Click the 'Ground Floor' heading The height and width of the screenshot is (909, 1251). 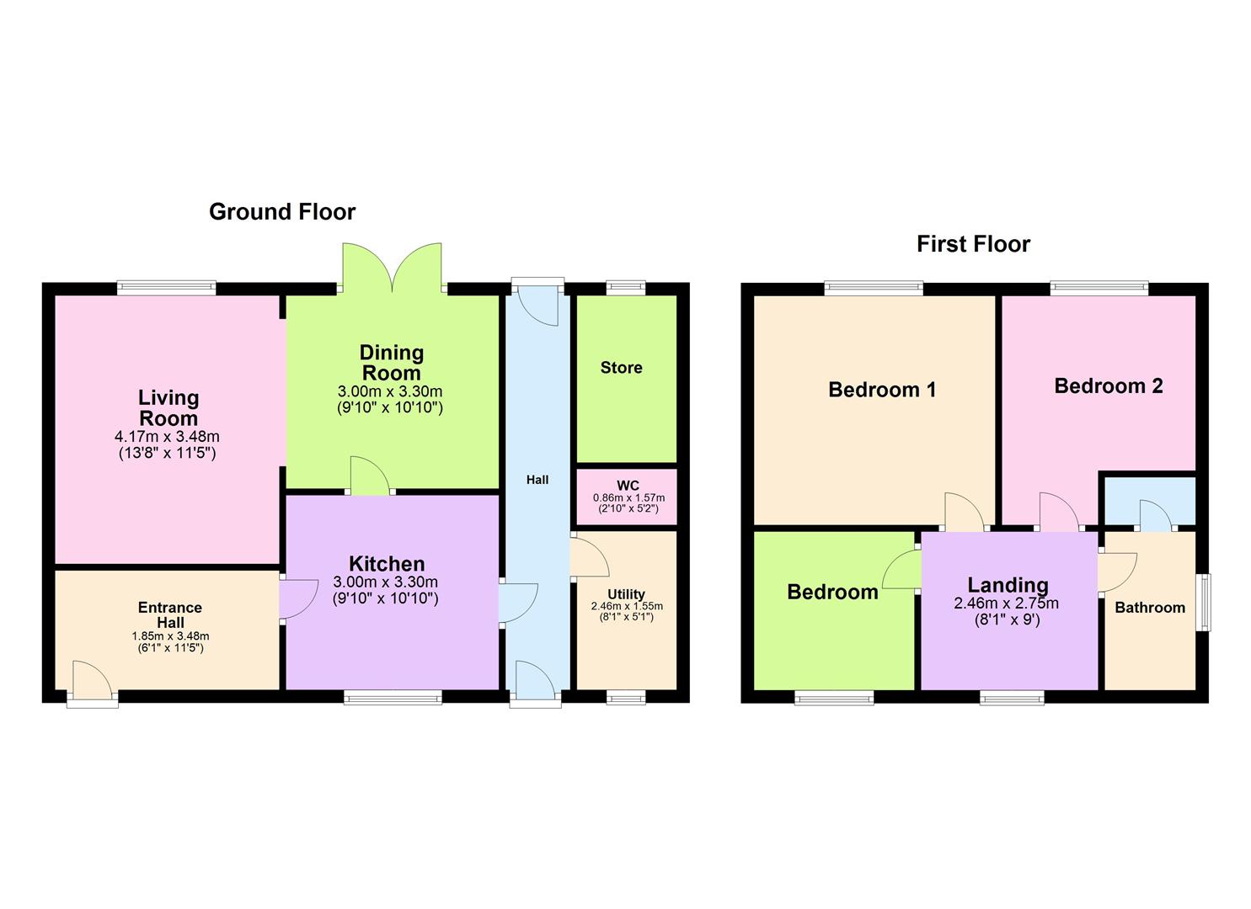(282, 212)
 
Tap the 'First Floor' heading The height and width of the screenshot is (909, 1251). (973, 244)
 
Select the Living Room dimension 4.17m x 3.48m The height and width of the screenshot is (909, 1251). (167, 437)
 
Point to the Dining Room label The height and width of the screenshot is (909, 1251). (391, 363)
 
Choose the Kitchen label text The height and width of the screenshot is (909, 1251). (387, 564)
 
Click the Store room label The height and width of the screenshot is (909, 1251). (621, 368)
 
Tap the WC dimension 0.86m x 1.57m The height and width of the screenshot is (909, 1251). (628, 498)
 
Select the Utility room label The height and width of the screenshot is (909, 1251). (626, 594)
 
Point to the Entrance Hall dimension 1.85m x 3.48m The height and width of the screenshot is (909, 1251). (170, 636)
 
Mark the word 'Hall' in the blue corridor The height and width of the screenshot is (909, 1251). (537, 480)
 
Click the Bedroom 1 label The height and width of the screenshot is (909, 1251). (882, 390)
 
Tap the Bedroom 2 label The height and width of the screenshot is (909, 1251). (1108, 386)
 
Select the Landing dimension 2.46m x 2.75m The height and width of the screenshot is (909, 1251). (1006, 603)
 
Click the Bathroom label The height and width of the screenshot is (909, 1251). (1149, 608)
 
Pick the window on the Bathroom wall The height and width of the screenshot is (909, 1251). (1206, 603)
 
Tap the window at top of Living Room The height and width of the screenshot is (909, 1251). (166, 288)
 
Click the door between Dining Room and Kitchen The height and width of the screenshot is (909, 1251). (369, 476)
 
